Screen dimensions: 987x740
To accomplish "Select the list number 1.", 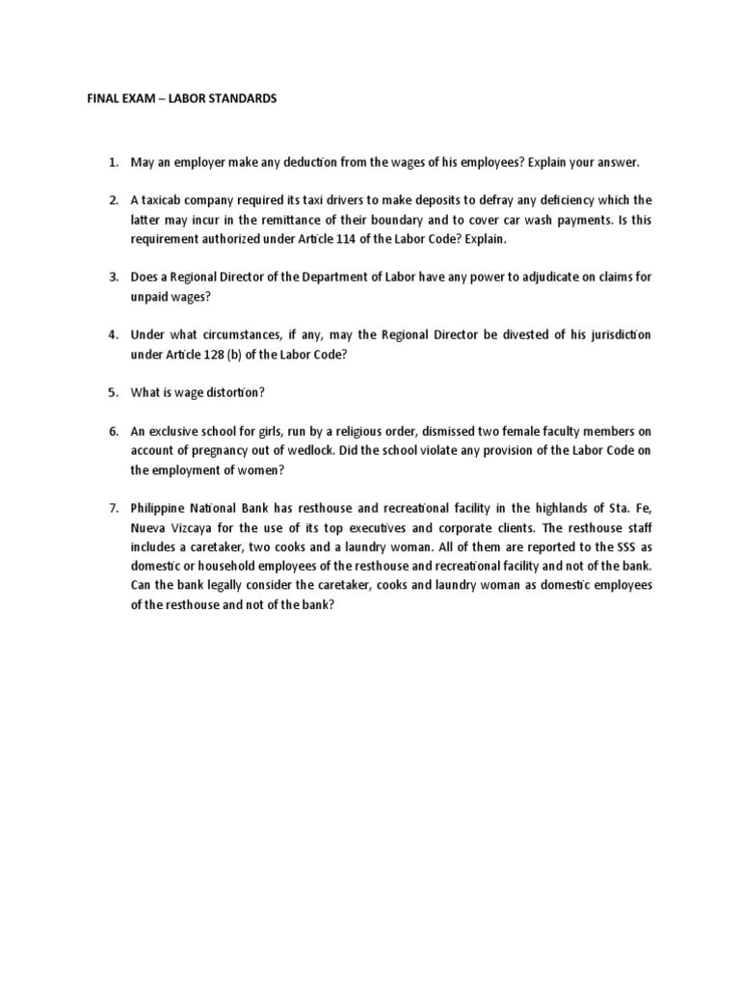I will point(112,163).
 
